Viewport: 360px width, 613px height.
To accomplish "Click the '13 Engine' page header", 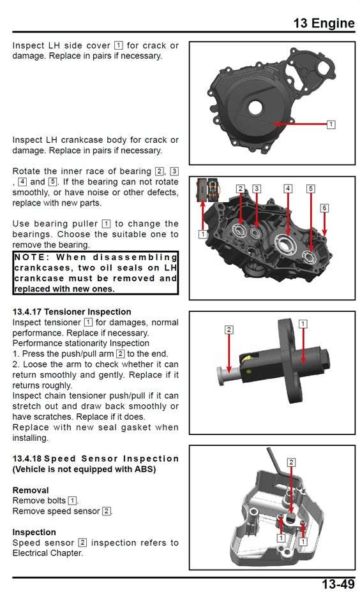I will tap(324, 24).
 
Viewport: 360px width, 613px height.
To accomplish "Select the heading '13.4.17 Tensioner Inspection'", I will tap(71, 312).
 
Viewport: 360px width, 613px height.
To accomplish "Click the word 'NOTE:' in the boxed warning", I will tap(33, 257).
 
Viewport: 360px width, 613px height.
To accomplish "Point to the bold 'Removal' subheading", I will tap(31, 491).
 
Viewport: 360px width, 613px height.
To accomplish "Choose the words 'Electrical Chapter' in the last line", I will tap(48, 553).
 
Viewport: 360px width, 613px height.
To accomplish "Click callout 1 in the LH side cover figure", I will tap(331, 124).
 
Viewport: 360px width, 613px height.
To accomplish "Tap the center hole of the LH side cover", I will tap(256, 107).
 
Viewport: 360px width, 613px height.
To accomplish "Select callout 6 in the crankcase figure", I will tap(324, 208).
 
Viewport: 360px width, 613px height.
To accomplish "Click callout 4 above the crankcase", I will tap(288, 189).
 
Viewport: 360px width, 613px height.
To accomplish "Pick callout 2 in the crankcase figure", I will tap(240, 189).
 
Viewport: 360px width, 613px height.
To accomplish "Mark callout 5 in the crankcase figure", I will tap(310, 189).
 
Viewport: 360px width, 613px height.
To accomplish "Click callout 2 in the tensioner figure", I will tap(229, 330).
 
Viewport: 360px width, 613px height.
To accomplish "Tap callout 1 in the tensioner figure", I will tap(303, 324).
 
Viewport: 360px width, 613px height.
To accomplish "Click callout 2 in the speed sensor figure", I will tap(291, 462).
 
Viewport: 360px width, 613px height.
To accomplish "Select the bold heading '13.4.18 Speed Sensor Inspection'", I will tap(96, 459).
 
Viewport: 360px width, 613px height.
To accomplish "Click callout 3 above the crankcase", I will tap(256, 189).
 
